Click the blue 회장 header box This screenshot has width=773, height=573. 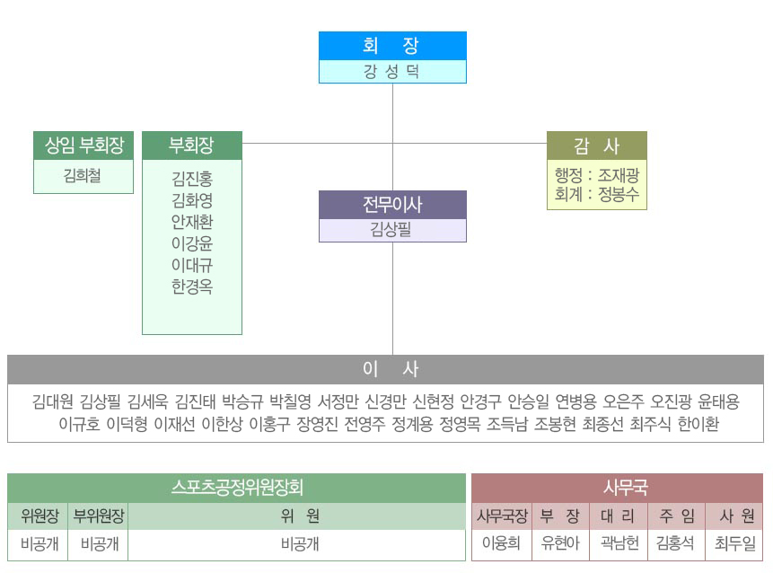[x=392, y=46]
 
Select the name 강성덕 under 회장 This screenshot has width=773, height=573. [x=392, y=72]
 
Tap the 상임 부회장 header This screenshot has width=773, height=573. [x=83, y=145]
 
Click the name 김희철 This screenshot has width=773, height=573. [x=83, y=175]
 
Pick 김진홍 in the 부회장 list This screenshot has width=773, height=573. [x=192, y=179]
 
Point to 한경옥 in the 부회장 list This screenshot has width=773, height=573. [x=192, y=286]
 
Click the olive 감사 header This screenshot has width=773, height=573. [x=596, y=145]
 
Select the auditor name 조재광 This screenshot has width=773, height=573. [x=619, y=175]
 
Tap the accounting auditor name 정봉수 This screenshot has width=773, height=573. [x=619, y=194]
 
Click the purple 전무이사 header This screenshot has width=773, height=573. [x=392, y=205]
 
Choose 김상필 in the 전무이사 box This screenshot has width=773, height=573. [x=391, y=229]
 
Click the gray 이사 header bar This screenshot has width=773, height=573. [x=385, y=369]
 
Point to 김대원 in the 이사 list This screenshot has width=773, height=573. [x=52, y=401]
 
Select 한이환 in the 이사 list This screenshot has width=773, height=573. [x=698, y=424]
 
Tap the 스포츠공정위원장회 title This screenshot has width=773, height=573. [x=237, y=488]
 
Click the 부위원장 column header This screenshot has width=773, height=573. [x=98, y=516]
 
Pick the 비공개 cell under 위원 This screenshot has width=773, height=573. [x=300, y=544]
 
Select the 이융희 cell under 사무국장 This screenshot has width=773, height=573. [x=501, y=543]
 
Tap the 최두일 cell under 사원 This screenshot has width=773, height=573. [x=734, y=543]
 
